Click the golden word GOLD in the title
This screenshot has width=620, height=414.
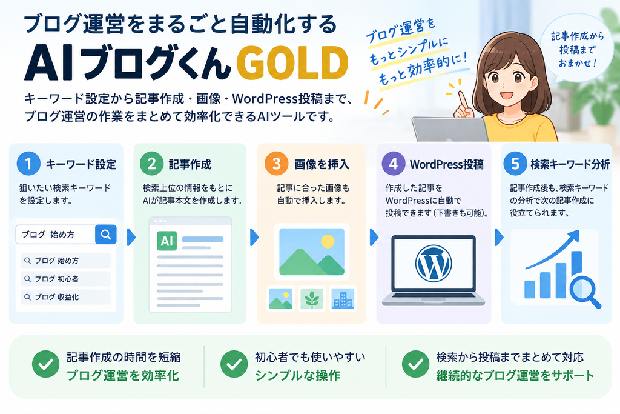[x=292, y=62]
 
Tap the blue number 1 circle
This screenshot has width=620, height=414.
[x=28, y=164]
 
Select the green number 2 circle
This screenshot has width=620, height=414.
[x=152, y=164]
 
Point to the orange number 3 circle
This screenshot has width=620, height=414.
[x=276, y=164]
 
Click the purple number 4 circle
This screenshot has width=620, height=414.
[x=394, y=164]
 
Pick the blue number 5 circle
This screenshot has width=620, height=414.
[x=515, y=164]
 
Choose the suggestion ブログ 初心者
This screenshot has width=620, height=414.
[x=65, y=279]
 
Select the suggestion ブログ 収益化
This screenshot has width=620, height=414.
[x=65, y=297]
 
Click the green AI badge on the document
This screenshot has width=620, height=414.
[x=167, y=241]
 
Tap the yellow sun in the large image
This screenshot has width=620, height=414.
[x=328, y=241]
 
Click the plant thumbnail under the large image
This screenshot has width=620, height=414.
[x=312, y=298]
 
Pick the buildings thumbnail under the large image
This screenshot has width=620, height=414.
[x=343, y=298]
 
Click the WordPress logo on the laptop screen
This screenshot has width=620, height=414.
[x=434, y=263]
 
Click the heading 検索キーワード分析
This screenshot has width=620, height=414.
[x=570, y=164]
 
